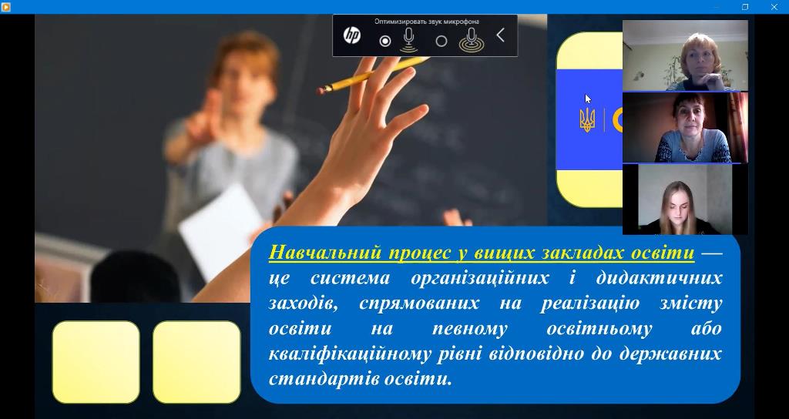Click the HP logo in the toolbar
tap(351, 35)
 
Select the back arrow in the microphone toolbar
tap(500, 35)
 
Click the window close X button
tap(774, 6)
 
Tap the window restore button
tap(745, 6)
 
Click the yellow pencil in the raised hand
tap(373, 75)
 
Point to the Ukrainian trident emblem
tap(587, 120)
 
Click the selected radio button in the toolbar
tap(385, 42)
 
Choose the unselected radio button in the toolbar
tap(442, 42)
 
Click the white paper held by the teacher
tap(220, 230)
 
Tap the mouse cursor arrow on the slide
tap(588, 99)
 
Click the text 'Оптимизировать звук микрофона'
tap(426, 22)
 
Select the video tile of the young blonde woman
tap(685, 199)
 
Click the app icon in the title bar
tap(5, 6)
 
